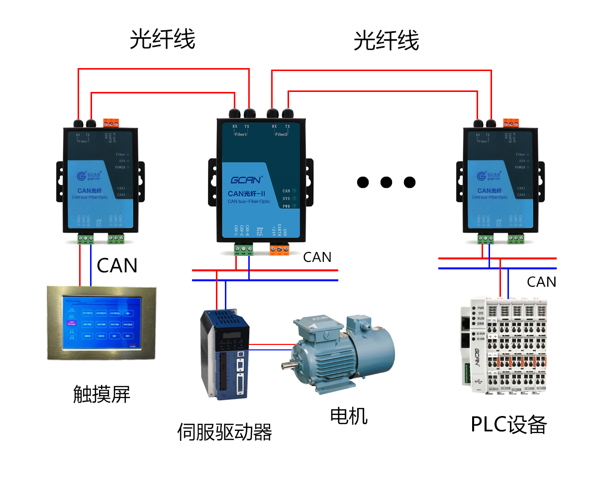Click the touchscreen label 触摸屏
101,395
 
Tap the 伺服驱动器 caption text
225,432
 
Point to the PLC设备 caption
508,424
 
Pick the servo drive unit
224,353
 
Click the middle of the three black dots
386,182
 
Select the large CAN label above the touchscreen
117,265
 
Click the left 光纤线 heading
162,40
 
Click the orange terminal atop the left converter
111,123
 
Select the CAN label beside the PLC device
541,282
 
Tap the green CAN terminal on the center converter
244,248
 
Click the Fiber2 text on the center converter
282,134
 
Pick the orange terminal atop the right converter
511,123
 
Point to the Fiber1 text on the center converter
240,134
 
